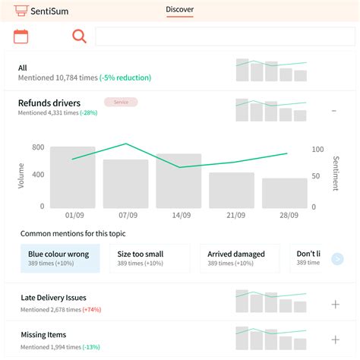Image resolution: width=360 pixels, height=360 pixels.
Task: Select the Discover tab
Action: coord(180,10)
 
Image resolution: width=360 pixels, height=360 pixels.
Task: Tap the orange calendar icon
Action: coord(21,36)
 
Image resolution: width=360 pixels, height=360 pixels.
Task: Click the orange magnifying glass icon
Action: coord(79,36)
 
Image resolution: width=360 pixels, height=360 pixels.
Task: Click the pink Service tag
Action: coord(121,102)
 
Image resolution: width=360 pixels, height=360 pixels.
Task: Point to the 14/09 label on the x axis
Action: coord(180,216)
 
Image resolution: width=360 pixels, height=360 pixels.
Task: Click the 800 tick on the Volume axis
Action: coord(38,147)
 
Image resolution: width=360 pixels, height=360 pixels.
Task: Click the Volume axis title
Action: coord(21,176)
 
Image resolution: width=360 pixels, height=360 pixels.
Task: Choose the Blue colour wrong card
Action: coord(60,258)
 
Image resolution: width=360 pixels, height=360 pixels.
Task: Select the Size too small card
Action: coord(150,258)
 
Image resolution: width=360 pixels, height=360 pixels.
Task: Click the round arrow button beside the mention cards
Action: coord(337,259)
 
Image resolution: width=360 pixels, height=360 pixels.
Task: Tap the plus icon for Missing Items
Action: coord(335,340)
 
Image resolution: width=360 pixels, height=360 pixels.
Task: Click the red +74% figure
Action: coord(91,310)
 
